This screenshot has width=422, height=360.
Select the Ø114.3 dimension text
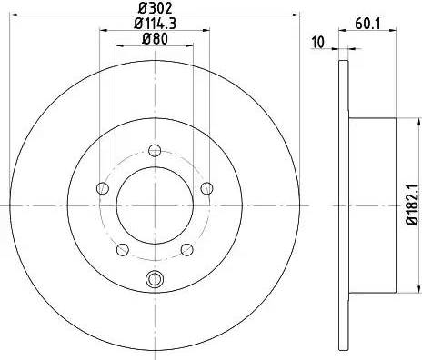(x=154, y=23)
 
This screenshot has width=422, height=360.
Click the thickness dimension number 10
(x=317, y=43)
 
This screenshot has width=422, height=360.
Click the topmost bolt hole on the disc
(x=154, y=150)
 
